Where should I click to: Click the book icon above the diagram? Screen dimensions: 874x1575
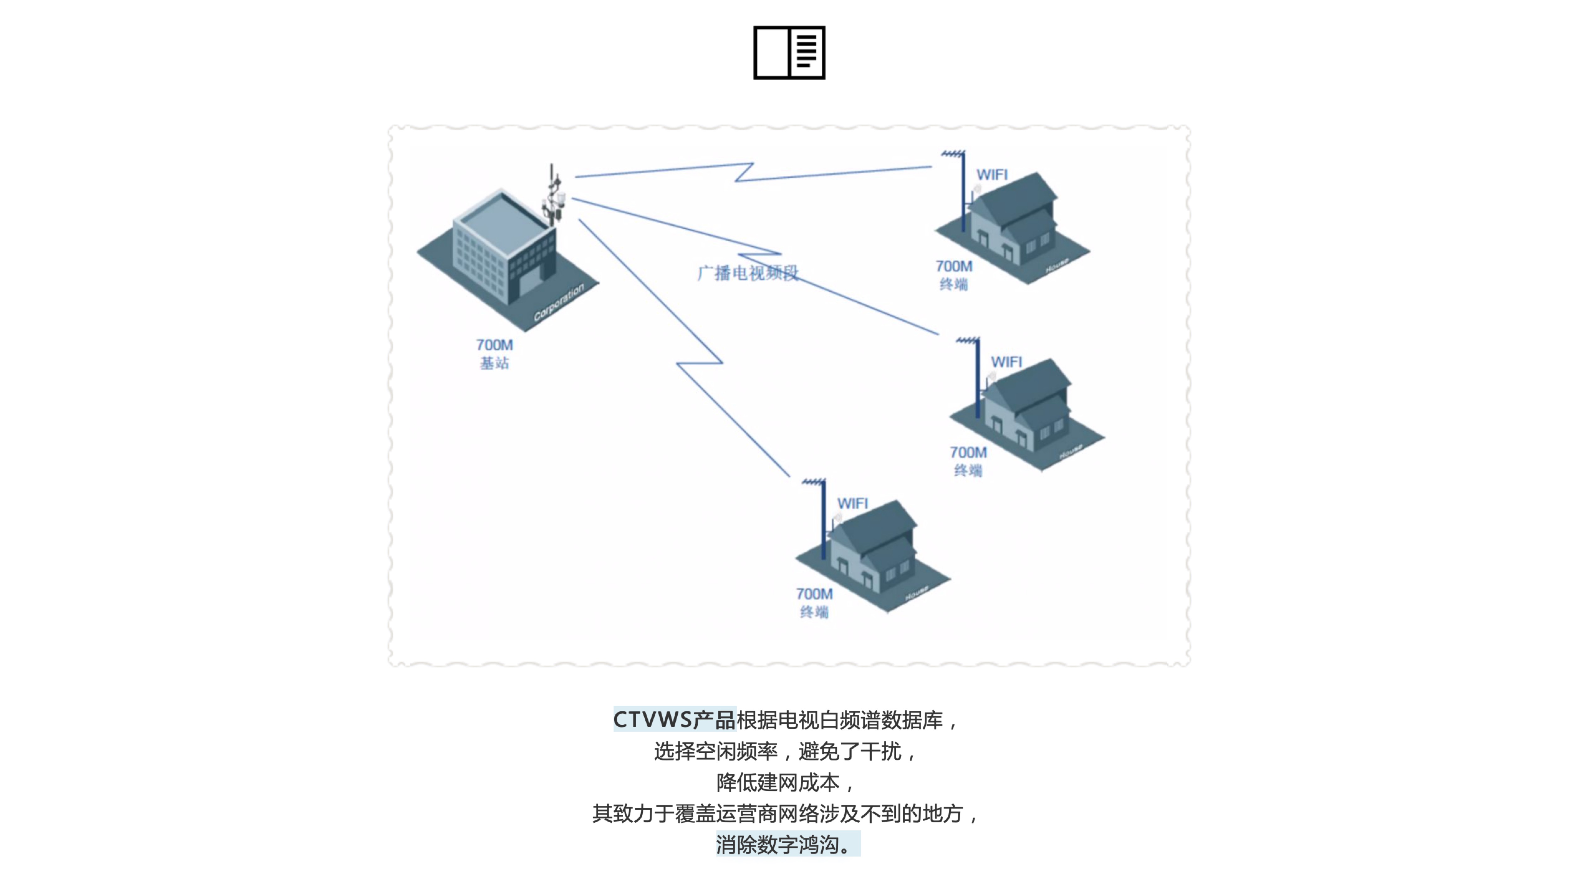(x=789, y=53)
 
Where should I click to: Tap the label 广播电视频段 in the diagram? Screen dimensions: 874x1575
(x=747, y=273)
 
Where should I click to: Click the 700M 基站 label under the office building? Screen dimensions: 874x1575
(x=494, y=354)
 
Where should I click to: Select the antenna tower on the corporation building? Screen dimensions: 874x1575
(x=553, y=195)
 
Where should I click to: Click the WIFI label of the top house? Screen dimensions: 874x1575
(x=991, y=175)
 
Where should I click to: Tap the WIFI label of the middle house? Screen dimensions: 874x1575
(x=1006, y=362)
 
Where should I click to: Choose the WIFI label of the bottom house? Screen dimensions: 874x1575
(x=852, y=503)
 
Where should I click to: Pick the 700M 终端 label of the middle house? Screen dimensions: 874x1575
(x=968, y=461)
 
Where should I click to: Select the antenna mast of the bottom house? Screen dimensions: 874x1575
(x=823, y=520)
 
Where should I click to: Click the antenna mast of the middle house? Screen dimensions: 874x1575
(x=977, y=379)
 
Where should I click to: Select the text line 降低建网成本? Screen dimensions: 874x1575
(x=778, y=782)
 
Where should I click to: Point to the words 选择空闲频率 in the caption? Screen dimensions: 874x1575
(x=715, y=751)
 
